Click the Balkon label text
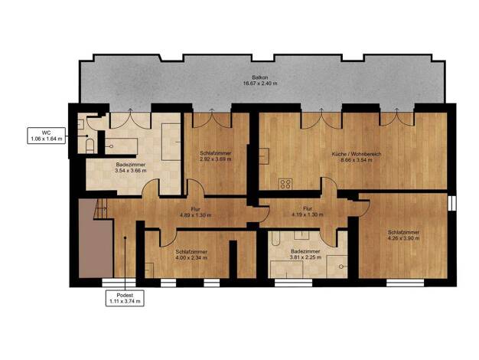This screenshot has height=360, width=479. coord(260,80)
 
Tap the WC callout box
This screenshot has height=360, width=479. coord(47,136)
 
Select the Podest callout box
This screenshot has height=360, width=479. coord(125,298)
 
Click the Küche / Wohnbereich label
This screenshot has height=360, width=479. coord(357,157)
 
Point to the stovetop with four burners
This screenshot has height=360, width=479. coord(285,184)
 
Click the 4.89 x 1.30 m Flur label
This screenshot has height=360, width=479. coord(196,212)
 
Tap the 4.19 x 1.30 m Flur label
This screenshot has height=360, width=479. coord(308,211)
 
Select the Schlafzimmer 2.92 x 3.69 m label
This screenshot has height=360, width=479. coord(216,156)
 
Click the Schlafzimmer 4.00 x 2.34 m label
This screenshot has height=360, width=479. coord(191,255)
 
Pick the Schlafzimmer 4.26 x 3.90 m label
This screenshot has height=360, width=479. coord(403,235)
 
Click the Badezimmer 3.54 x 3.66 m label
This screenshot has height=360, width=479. coord(131,168)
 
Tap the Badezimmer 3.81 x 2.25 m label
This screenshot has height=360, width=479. coord(305,254)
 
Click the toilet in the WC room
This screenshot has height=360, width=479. coord(90,146)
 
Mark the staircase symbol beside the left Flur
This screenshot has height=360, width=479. coord(99,209)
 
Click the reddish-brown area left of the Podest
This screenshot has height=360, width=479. coord(96,238)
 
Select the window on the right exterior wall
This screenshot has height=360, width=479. coord(452,204)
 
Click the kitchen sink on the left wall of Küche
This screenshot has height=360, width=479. coord(264,156)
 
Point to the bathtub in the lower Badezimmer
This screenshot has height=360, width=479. coord(275,238)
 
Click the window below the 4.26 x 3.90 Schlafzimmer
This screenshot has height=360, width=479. coord(405,283)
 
